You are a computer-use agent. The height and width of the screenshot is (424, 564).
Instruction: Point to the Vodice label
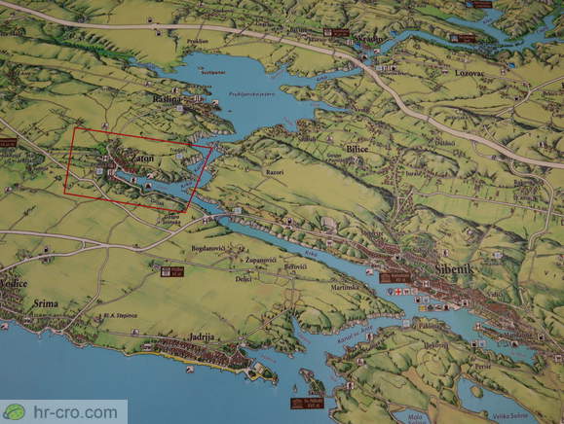tap(13, 282)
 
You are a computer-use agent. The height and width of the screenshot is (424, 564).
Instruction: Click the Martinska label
tap(345, 287)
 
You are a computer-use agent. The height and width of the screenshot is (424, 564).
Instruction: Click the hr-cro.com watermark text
tap(72, 412)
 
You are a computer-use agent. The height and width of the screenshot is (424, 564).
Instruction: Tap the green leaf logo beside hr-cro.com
tap(14, 412)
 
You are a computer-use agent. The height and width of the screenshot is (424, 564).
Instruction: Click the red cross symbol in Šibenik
tap(397, 292)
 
